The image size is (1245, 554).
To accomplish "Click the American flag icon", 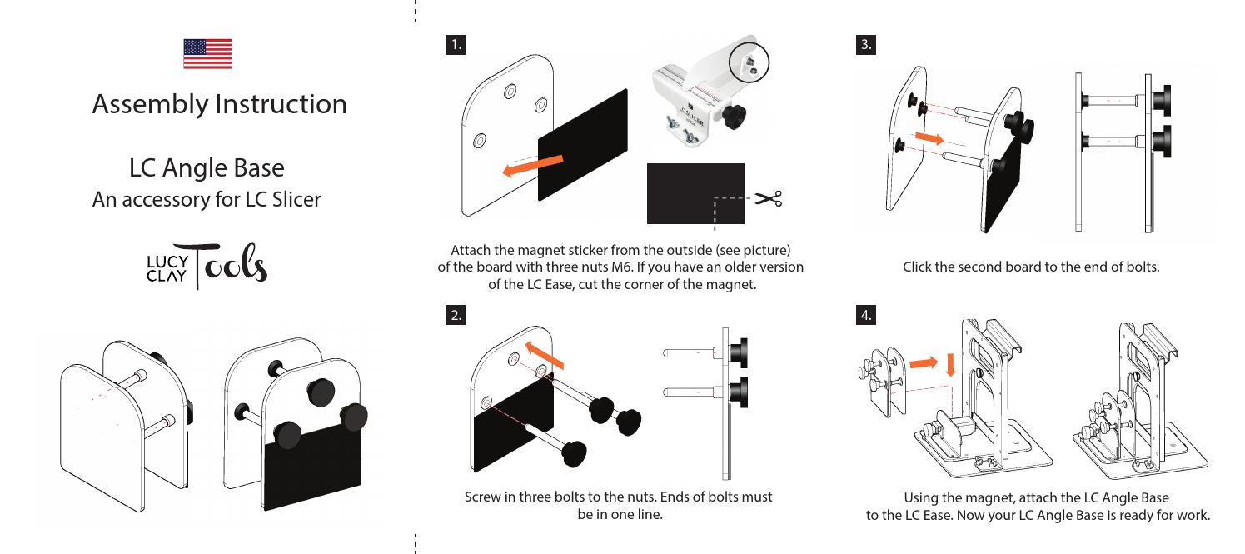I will (207, 53).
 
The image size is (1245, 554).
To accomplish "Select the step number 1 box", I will (454, 45).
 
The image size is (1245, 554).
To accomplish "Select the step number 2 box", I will (456, 315).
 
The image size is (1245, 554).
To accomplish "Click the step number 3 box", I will (866, 45).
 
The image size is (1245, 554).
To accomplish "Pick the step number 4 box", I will (866, 315).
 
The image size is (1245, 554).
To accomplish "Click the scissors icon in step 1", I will (768, 198).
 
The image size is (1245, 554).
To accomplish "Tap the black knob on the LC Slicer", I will (735, 117).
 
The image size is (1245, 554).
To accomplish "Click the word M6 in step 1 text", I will (620, 267).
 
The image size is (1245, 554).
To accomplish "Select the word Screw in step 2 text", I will (483, 497).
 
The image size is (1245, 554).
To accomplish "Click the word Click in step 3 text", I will (920, 267).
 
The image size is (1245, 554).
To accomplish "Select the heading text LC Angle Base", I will (207, 167).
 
